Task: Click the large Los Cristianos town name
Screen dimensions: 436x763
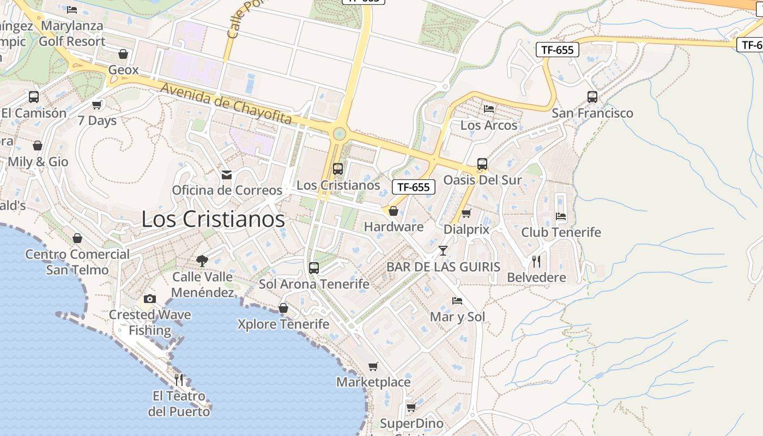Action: tap(213, 219)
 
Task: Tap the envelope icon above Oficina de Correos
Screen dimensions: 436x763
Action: tap(226, 174)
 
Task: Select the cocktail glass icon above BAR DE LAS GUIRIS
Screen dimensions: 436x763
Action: tap(443, 251)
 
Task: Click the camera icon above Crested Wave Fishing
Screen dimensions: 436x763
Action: tap(149, 299)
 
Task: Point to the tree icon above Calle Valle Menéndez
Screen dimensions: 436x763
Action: tap(202, 261)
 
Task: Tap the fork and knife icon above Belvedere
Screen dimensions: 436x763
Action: tap(536, 262)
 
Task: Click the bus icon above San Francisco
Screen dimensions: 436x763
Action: tap(592, 97)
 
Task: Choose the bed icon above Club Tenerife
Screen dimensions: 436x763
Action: tap(561, 216)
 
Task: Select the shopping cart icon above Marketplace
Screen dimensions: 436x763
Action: tap(373, 366)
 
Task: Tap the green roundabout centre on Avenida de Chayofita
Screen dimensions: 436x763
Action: tap(340, 133)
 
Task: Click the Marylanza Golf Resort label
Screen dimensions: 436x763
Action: tap(72, 33)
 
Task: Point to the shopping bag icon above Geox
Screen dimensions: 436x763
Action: tap(123, 54)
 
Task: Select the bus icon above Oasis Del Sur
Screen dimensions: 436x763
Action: tap(482, 164)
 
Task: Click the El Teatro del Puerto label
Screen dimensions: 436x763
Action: tap(179, 403)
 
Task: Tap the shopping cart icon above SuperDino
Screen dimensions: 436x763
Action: tap(411, 407)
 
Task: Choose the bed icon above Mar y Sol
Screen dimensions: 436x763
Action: tap(457, 301)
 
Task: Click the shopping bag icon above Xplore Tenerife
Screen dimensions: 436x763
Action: tap(283, 308)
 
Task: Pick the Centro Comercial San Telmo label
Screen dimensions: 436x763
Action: tap(77, 262)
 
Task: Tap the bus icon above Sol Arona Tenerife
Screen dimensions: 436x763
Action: tap(313, 268)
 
